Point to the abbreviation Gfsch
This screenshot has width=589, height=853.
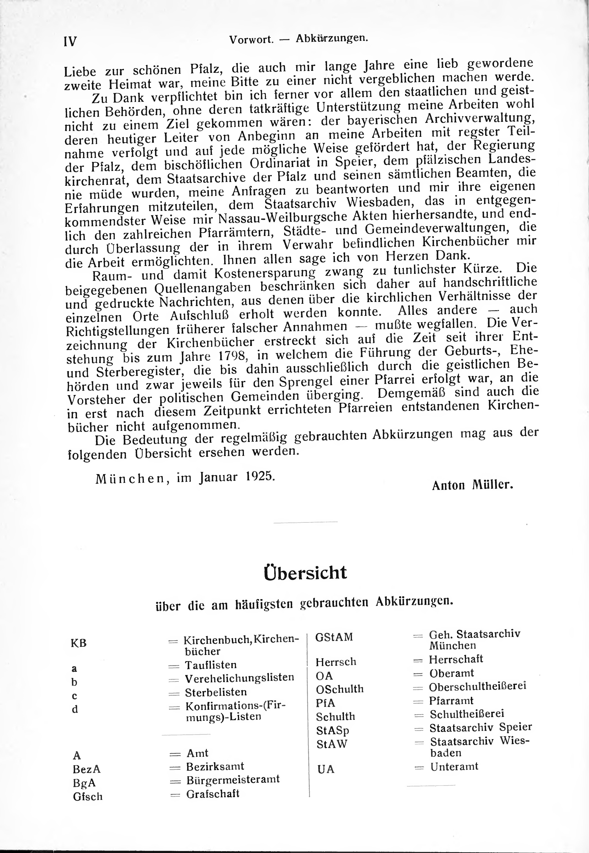click(x=88, y=797)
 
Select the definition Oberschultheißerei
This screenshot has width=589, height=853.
click(x=478, y=687)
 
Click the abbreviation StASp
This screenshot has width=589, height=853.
click(x=333, y=731)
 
